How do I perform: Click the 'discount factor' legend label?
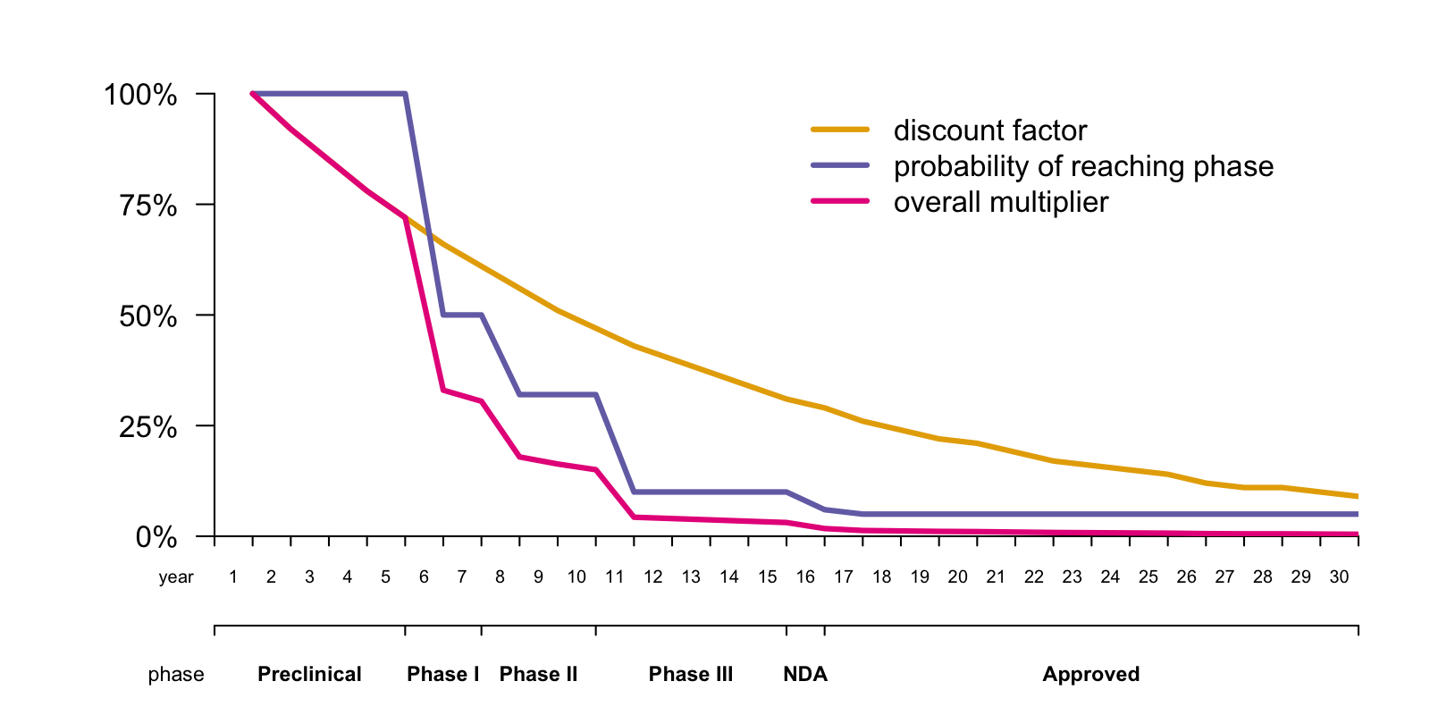point(989,130)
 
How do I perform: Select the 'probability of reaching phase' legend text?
point(1083,166)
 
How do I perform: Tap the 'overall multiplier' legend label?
point(1000,202)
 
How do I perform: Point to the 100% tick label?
point(140,95)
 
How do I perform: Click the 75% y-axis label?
point(148,206)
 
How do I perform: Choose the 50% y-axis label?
point(148,316)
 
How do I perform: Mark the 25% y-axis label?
point(148,427)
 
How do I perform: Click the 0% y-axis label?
point(156,537)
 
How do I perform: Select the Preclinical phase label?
point(309,674)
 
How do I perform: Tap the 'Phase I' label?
point(443,674)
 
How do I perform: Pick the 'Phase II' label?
point(538,674)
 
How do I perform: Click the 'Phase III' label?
point(691,674)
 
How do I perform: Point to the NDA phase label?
point(805,674)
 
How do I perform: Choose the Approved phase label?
point(1090,674)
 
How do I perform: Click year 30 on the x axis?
point(1339,577)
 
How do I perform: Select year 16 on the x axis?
point(805,577)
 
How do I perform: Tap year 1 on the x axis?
point(233,577)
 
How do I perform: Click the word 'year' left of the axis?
point(176,577)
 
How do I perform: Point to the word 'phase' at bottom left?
point(176,675)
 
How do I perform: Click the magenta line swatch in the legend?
point(840,201)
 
